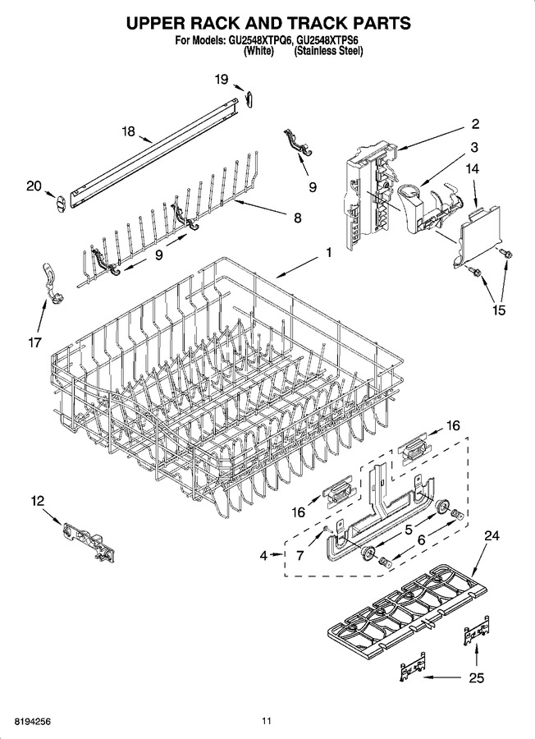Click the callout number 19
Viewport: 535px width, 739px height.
(x=222, y=79)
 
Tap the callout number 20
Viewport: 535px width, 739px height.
(x=34, y=186)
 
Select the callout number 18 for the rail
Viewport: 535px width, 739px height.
(x=129, y=131)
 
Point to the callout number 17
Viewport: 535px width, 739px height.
(x=35, y=342)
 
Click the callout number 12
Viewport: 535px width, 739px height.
(x=38, y=501)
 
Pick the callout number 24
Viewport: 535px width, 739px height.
(x=492, y=535)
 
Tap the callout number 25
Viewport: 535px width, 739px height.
(x=477, y=677)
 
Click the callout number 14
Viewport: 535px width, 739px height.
(x=473, y=168)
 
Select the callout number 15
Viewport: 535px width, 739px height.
(x=499, y=310)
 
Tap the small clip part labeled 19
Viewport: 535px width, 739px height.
(x=249, y=97)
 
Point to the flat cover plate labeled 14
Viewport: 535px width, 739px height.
(x=478, y=235)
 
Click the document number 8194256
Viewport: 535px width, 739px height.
(x=33, y=721)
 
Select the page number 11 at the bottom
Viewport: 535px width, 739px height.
(x=267, y=721)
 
